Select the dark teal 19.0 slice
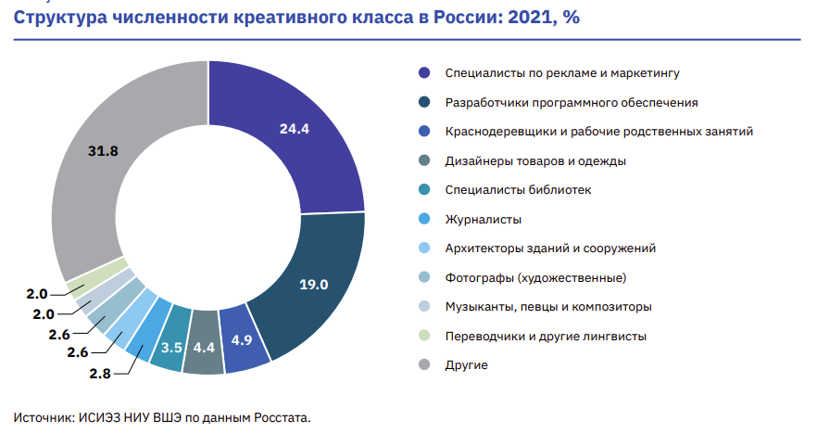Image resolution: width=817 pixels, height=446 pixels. coord(313,283)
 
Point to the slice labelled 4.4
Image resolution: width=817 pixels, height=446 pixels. coord(204,350)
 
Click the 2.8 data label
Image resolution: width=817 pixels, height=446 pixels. coord(99,373)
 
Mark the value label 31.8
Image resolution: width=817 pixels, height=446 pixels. coord(102,150)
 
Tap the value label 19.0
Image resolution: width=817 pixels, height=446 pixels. coord(313,284)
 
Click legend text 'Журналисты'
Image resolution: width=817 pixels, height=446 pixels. coord(483,220)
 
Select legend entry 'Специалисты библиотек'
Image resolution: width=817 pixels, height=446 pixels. coord(518,190)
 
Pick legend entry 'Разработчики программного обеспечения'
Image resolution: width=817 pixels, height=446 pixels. coord(572,102)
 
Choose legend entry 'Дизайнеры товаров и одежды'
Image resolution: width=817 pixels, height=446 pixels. coord(535,160)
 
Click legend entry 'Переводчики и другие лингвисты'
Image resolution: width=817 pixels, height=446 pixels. coord(546,336)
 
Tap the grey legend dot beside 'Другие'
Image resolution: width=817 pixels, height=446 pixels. coord(424,365)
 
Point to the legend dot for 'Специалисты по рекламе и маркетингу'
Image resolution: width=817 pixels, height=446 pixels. coord(424,72)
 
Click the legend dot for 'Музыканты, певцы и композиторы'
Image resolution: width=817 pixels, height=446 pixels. coord(424,307)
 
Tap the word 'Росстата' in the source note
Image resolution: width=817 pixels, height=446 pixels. coord(282,417)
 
